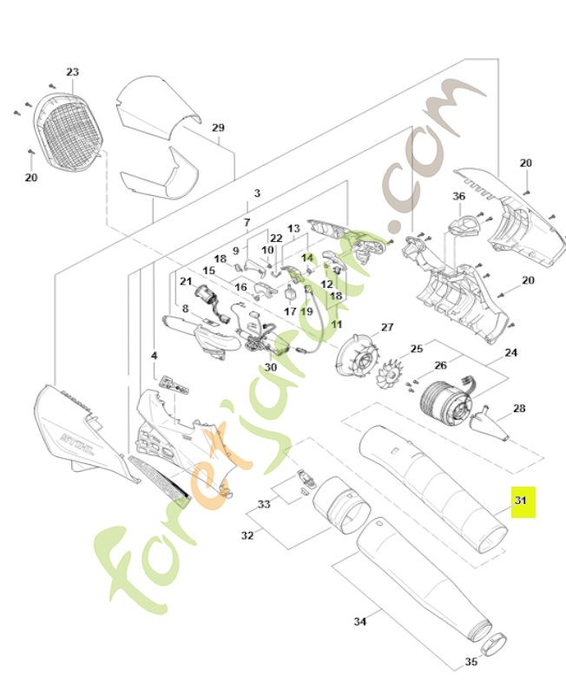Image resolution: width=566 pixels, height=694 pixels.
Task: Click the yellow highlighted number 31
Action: pos(521,501)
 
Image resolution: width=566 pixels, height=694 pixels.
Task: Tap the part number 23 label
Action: pos(72,72)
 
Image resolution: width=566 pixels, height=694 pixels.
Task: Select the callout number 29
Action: pos(218,128)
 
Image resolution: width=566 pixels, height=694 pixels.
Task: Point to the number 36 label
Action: pos(459,196)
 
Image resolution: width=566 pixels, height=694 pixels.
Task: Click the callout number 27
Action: pos(387,327)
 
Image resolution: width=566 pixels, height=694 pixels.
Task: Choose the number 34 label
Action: pos(359,621)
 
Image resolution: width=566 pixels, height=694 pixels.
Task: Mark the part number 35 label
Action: pos(471,662)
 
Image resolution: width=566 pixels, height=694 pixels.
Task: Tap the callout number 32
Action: pos(247,535)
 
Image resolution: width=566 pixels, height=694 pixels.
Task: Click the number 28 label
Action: pos(519,408)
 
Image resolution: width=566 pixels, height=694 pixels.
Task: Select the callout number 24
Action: pos(510,353)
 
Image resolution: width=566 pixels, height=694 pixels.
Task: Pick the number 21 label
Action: pos(186,281)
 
